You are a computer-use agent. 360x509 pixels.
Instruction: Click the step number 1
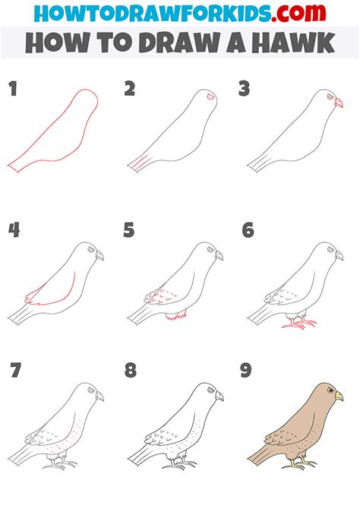coord(12,90)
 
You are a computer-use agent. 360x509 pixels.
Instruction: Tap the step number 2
coord(130,90)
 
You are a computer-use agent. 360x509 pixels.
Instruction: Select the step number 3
coord(245,90)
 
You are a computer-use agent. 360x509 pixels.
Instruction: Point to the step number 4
coord(13,230)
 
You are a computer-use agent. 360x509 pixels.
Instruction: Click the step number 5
coord(130,230)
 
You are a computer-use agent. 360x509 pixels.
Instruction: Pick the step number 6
coord(247,230)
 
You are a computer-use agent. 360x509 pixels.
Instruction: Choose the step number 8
coord(130,371)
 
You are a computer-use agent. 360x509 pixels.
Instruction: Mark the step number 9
coord(247,371)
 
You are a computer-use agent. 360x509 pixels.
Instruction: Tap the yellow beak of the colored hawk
coord(339,397)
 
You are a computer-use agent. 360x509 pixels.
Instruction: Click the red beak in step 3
coord(339,103)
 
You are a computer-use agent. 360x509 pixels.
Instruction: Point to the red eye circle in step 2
coord(210,98)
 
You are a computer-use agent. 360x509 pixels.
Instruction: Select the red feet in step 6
coord(298,324)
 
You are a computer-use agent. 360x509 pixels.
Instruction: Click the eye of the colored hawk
coord(330,391)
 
